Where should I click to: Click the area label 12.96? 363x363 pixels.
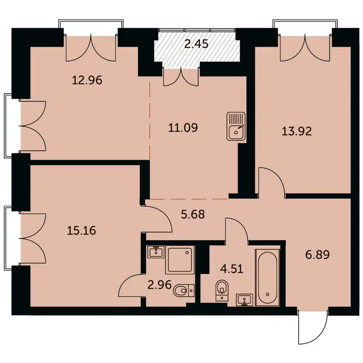tap(87, 81)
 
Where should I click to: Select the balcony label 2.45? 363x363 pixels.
tap(196, 44)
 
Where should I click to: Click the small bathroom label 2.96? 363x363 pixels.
tap(159, 286)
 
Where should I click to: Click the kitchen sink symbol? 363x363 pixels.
tap(236, 127)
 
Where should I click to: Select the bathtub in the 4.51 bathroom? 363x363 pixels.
tap(268, 277)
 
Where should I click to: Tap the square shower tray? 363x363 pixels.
tap(180, 260)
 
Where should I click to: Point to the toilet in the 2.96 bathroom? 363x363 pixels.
tap(183, 289)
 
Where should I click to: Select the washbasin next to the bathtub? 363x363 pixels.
tap(245, 300)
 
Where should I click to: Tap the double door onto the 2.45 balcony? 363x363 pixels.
tap(181, 76)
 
